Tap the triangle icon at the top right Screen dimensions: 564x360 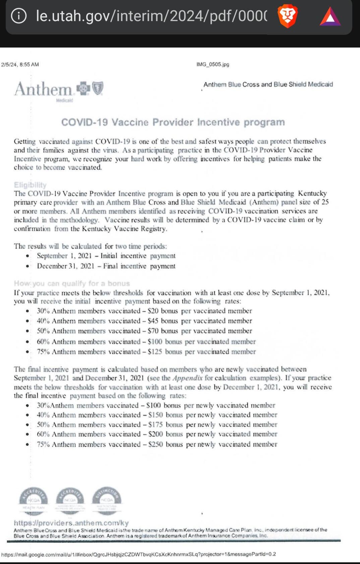pyautogui.click(x=330, y=17)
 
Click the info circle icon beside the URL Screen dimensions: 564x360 pyautogui.click(x=19, y=16)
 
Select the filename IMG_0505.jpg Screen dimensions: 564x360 pyautogui.click(x=213, y=64)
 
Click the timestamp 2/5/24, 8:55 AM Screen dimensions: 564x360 pyautogui.click(x=20, y=64)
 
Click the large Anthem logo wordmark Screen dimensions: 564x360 pyautogui.click(x=43, y=89)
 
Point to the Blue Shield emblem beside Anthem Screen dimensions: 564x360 pyautogui.click(x=98, y=88)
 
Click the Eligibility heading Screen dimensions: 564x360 pyautogui.click(x=30, y=185)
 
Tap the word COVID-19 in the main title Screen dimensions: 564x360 pyautogui.click(x=84, y=122)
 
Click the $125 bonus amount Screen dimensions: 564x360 pyautogui.click(x=155, y=352)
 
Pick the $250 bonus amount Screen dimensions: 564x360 pyautogui.click(x=156, y=444)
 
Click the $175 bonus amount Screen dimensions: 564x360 pyautogui.click(x=156, y=424)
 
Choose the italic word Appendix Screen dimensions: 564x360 pyautogui.click(x=187, y=378)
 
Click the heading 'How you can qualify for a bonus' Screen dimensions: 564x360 pyautogui.click(x=72, y=283)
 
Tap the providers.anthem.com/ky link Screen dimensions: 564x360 pyautogui.click(x=71, y=523)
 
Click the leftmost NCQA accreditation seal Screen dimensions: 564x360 pyautogui.click(x=34, y=500)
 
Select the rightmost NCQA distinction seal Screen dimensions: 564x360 pyautogui.click(x=107, y=500)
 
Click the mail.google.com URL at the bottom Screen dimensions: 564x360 pyautogui.click(x=138, y=554)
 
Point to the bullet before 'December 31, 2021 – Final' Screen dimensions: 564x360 pyautogui.click(x=27, y=266)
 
